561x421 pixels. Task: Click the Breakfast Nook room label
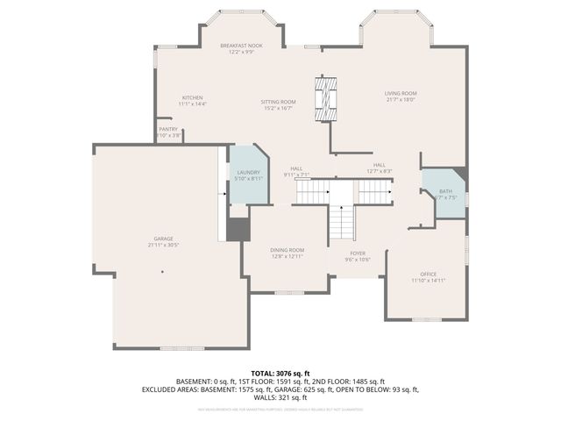(241, 45)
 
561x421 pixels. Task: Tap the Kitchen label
(192, 97)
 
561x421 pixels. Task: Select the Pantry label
(168, 129)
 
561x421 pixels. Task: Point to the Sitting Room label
(278, 102)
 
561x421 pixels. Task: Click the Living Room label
(400, 93)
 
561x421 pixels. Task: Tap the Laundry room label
(248, 173)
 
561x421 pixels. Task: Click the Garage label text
(163, 239)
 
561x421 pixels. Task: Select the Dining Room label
(287, 250)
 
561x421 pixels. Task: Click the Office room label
(429, 274)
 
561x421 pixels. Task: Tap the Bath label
(446, 191)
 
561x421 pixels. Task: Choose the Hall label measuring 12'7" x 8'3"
(379, 165)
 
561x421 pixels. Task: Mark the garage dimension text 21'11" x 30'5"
(163, 245)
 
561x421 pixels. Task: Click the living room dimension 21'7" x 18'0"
(400, 99)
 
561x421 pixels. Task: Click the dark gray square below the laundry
(238, 229)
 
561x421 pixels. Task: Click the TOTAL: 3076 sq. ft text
(280, 374)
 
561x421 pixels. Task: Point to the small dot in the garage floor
(162, 272)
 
